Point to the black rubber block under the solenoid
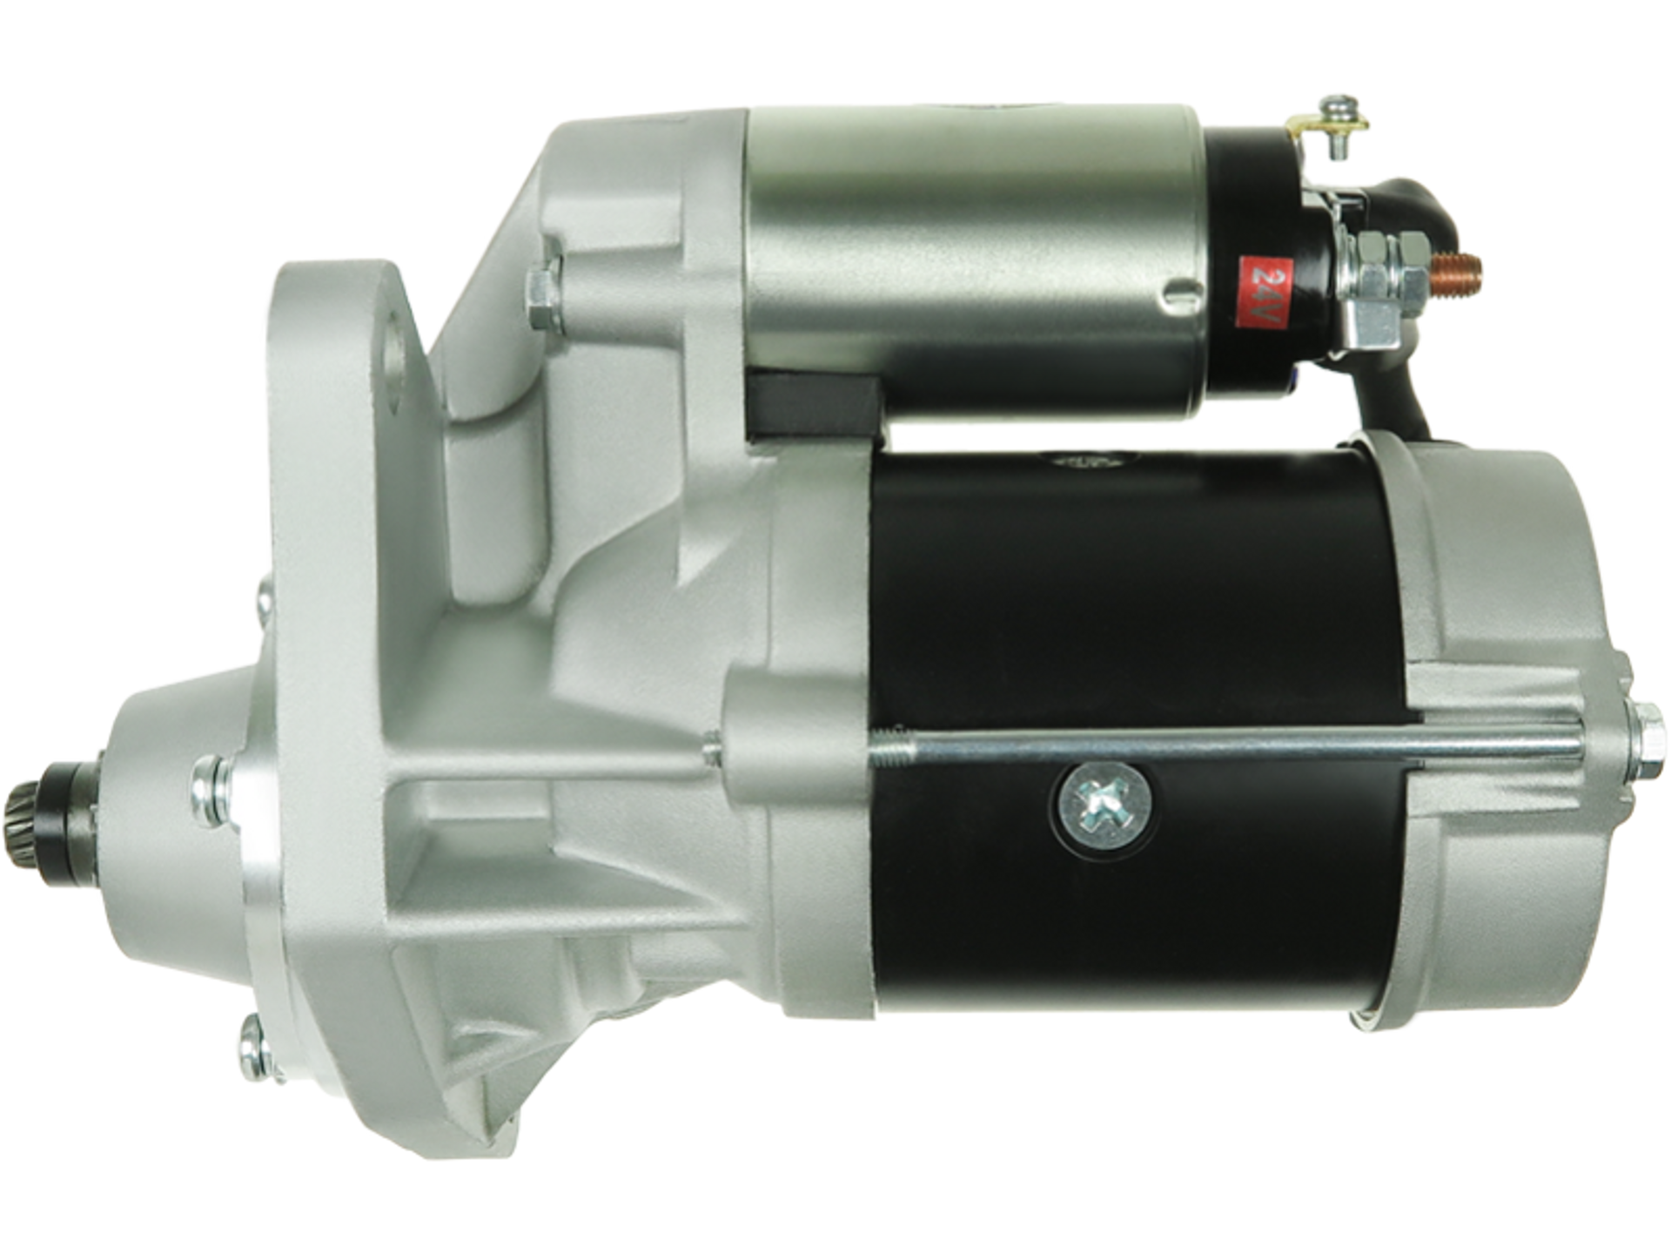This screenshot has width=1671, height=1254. [815, 404]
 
